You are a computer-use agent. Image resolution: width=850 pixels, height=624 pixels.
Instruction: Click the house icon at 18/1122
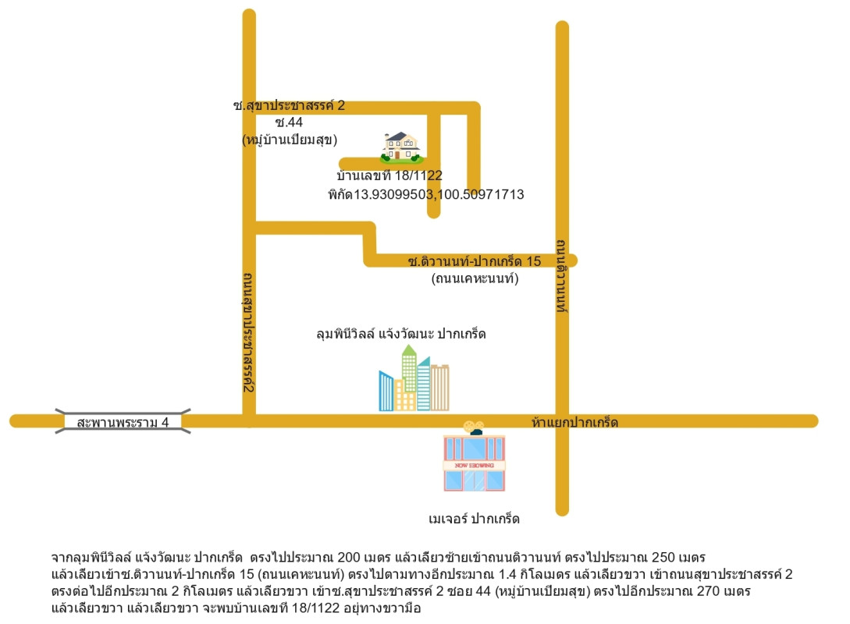pyautogui.click(x=401, y=147)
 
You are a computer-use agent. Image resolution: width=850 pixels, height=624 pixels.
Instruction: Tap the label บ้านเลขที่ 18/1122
pyautogui.click(x=389, y=175)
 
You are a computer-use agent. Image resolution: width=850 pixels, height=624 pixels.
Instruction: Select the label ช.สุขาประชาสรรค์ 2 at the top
pyautogui.click(x=289, y=105)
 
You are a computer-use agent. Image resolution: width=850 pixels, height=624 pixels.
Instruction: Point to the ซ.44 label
pyautogui.click(x=289, y=122)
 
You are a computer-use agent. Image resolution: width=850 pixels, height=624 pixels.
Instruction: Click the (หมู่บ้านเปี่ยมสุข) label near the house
pyautogui.click(x=289, y=140)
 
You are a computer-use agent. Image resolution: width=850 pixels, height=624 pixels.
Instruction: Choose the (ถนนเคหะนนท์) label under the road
pyautogui.click(x=475, y=278)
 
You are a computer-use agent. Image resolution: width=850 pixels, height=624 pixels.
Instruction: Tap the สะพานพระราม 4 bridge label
pyautogui.click(x=123, y=423)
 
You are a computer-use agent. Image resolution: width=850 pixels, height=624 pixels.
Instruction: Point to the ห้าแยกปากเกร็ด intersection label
pyautogui.click(x=574, y=423)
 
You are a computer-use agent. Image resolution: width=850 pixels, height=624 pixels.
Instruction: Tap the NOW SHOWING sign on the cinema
pyautogui.click(x=474, y=465)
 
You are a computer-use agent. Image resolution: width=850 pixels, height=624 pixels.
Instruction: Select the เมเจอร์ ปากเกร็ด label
pyautogui.click(x=474, y=519)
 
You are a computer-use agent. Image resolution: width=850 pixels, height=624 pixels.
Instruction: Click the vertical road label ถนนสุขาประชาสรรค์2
pyautogui.click(x=247, y=331)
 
